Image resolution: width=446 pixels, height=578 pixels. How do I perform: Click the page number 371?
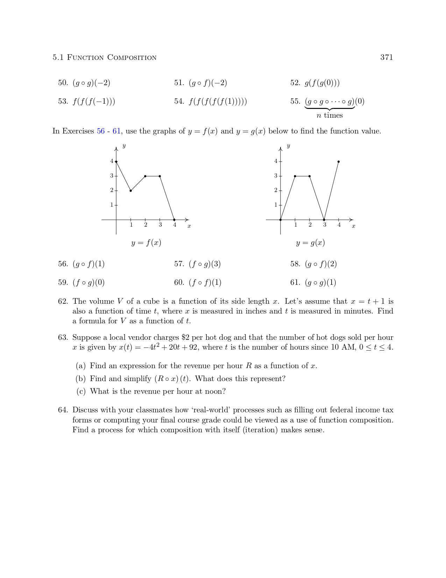coord(387,57)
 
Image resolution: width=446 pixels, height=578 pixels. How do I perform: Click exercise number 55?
coord(295,102)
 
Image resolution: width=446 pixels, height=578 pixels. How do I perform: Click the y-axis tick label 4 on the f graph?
coord(112,161)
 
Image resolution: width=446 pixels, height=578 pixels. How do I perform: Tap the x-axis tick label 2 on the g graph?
coord(310,225)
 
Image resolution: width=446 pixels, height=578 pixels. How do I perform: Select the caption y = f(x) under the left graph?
coord(146,243)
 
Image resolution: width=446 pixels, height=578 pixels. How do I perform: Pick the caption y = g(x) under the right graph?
coord(310,243)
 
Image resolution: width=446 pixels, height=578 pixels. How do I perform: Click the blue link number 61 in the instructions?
coord(116,131)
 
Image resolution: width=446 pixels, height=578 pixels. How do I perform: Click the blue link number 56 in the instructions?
coord(101,131)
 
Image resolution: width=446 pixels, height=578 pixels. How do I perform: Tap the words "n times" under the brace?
coord(330,116)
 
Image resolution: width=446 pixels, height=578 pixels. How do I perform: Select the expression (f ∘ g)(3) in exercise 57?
coord(205,264)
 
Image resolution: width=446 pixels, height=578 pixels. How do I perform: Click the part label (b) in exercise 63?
coord(81,379)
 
